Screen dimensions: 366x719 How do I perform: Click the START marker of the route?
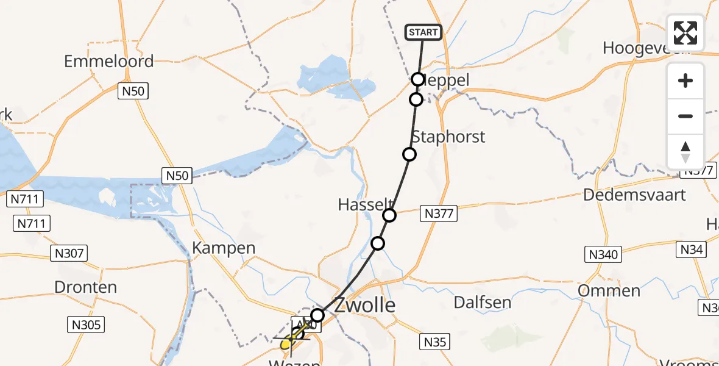point(423,32)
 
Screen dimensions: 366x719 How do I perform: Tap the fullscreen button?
point(685,33)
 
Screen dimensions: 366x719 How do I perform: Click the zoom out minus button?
point(685,116)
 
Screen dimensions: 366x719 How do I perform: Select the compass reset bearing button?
point(685,152)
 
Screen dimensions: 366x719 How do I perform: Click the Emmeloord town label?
point(108,61)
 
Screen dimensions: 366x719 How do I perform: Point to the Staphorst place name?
point(448,137)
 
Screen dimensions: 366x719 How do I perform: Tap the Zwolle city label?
point(365,305)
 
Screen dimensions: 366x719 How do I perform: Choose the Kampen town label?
point(224,248)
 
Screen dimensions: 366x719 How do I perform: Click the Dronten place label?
point(85,287)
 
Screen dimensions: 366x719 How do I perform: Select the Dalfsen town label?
point(483,302)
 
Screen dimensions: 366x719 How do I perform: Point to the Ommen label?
point(609,290)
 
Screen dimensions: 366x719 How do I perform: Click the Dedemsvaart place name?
point(634,195)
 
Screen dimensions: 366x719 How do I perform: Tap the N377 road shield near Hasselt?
point(439,214)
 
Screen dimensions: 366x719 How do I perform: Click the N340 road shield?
point(603,254)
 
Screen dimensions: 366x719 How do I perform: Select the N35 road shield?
point(435,342)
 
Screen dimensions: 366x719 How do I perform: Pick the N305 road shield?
point(86,325)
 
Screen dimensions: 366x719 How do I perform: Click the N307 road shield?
point(71,253)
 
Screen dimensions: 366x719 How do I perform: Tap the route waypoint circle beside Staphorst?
point(409,154)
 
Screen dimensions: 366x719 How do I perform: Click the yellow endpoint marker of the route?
point(286,344)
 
